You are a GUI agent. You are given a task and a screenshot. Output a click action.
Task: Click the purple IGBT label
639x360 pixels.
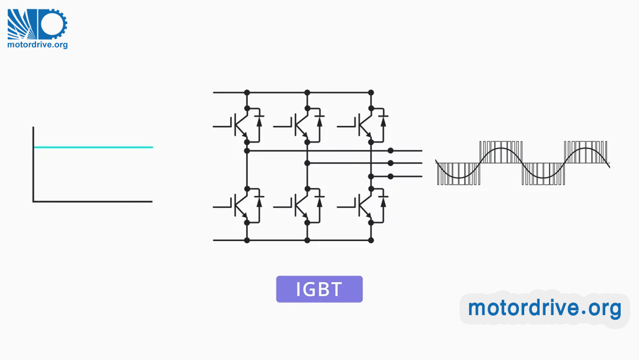tap(319, 289)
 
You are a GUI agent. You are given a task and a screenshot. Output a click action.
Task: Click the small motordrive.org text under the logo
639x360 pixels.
tap(37, 44)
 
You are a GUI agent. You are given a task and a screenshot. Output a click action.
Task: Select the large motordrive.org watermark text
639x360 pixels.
tap(544, 308)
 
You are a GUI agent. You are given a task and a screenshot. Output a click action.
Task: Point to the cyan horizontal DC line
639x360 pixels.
tap(93, 147)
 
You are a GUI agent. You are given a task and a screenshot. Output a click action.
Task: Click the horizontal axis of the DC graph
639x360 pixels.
tap(93, 201)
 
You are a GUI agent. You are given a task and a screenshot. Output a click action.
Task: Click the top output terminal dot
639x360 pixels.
tap(390, 151)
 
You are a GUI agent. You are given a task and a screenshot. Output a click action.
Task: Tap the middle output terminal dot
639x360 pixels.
tap(390, 163)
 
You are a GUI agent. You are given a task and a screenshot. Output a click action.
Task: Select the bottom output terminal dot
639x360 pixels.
tap(390, 176)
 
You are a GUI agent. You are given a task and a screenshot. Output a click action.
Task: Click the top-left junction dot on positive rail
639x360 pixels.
tap(247, 93)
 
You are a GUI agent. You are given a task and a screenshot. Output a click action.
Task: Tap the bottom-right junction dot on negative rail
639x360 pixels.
tap(371, 240)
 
